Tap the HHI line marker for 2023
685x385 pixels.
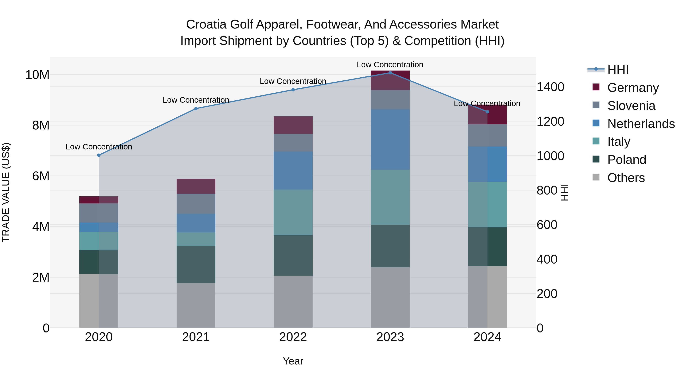[x=390, y=73]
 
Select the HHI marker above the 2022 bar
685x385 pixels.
[x=293, y=90]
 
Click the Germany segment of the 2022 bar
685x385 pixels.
[x=293, y=125]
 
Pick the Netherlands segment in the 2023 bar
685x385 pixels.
[x=390, y=140]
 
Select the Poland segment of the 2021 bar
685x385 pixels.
[x=196, y=264]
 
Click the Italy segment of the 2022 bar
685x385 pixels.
[x=293, y=212]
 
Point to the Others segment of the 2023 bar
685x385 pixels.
[x=390, y=298]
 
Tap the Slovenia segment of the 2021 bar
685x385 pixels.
[x=196, y=204]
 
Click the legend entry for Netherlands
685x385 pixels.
[x=633, y=124]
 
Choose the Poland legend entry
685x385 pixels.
[x=619, y=160]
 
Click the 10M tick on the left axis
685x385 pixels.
[x=37, y=75]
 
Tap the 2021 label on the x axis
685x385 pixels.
[x=196, y=337]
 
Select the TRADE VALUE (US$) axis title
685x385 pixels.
[x=6, y=192]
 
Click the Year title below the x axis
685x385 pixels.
[x=293, y=361]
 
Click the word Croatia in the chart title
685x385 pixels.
[x=206, y=25]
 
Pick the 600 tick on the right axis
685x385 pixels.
[x=547, y=225]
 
